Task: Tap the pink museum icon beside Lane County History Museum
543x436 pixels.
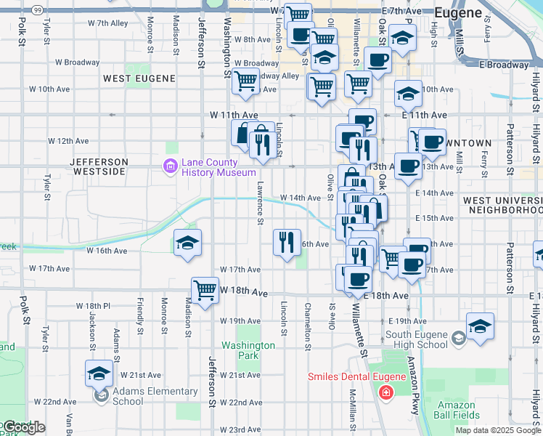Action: [x=171, y=167]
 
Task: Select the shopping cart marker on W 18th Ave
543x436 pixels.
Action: [x=206, y=291]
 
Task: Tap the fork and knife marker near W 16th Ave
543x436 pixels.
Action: [x=287, y=242]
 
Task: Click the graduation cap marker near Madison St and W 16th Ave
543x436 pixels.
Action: [x=187, y=243]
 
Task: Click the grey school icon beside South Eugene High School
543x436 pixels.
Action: [x=458, y=338]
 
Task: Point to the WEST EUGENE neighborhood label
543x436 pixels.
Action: [x=139, y=78]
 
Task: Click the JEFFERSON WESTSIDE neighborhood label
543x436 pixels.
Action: [x=99, y=166]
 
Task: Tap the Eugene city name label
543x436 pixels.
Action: [x=457, y=12]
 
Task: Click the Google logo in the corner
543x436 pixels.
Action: [x=23, y=427]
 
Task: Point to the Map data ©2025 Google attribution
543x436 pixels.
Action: [x=498, y=430]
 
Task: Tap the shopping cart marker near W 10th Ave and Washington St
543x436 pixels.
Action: [x=246, y=82]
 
